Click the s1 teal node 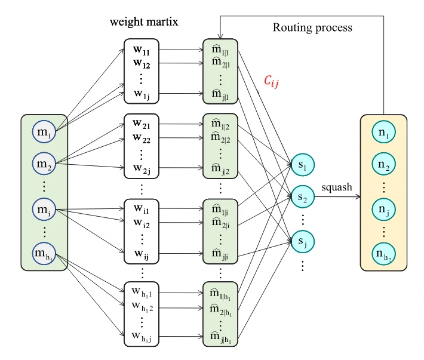[x=302, y=164]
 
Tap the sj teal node [x=302, y=241]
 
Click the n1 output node [x=383, y=136]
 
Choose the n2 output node [x=383, y=166]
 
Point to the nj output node [x=383, y=210]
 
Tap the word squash [x=337, y=187]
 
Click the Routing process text [x=312, y=27]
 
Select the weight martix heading [x=144, y=22]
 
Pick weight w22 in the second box [x=142, y=137]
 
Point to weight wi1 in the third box [x=142, y=211]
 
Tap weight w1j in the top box [x=142, y=93]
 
